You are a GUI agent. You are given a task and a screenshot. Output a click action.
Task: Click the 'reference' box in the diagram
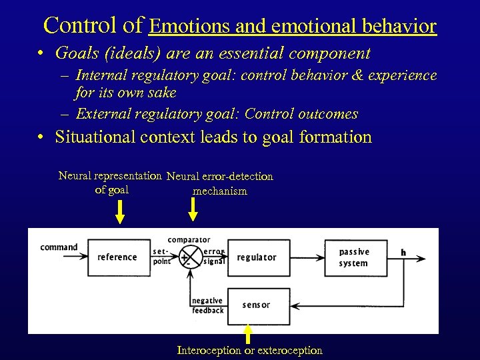[x=117, y=257]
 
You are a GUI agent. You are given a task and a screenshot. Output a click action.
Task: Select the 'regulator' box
[x=259, y=257]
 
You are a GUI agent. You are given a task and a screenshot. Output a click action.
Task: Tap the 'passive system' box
[x=355, y=257]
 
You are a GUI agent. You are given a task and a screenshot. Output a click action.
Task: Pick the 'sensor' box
[x=259, y=305]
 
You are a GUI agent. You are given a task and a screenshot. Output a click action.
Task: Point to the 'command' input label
[x=59, y=247]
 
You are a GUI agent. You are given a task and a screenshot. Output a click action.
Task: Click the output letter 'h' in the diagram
[x=403, y=252]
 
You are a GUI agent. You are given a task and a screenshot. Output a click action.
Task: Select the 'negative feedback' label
[x=207, y=305]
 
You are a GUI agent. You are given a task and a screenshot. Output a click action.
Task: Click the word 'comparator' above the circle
[x=189, y=240]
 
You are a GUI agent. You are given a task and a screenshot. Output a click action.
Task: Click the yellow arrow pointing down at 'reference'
[x=120, y=212]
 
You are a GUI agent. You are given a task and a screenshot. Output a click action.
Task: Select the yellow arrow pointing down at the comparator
[x=192, y=209]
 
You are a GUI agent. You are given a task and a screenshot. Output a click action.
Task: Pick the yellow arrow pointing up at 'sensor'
[x=248, y=333]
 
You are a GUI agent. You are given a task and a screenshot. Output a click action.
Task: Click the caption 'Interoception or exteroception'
[x=249, y=350]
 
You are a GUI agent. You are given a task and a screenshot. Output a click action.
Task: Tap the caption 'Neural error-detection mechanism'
[x=220, y=183]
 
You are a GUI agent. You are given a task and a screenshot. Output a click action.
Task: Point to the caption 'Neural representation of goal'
[x=111, y=183]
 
